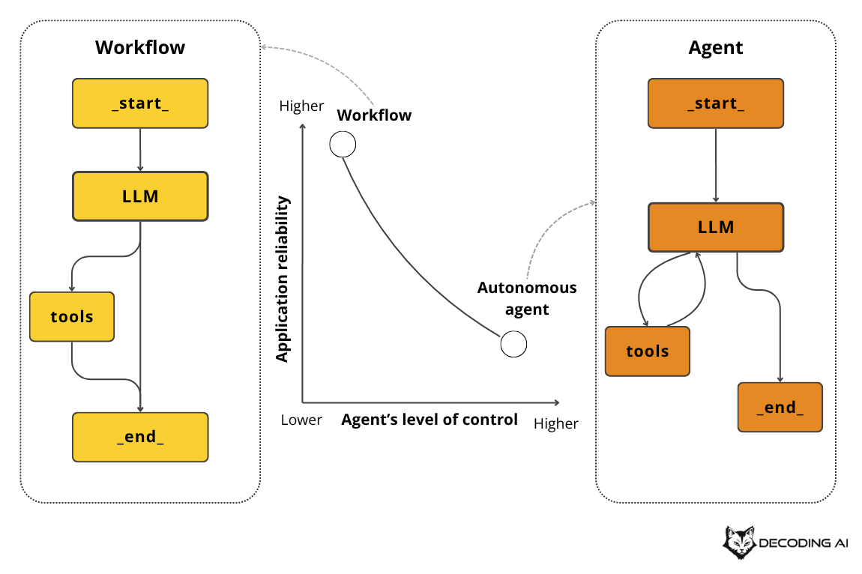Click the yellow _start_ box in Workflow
tap(140, 103)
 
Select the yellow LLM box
tap(140, 196)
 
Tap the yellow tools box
tap(72, 316)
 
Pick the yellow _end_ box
tap(140, 437)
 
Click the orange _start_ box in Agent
tap(716, 103)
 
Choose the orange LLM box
tap(716, 226)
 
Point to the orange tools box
tap(648, 351)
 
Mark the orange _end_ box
tap(780, 407)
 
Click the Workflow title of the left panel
tap(140, 48)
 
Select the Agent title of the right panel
tap(716, 48)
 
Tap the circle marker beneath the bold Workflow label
tap(343, 144)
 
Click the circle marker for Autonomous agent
tap(513, 344)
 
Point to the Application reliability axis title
tap(283, 279)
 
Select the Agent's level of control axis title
tap(430, 420)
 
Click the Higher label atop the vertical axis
tap(301, 106)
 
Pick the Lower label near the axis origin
tap(301, 420)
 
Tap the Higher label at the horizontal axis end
tap(556, 423)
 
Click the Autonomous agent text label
tap(528, 298)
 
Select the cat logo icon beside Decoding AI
tap(739, 543)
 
